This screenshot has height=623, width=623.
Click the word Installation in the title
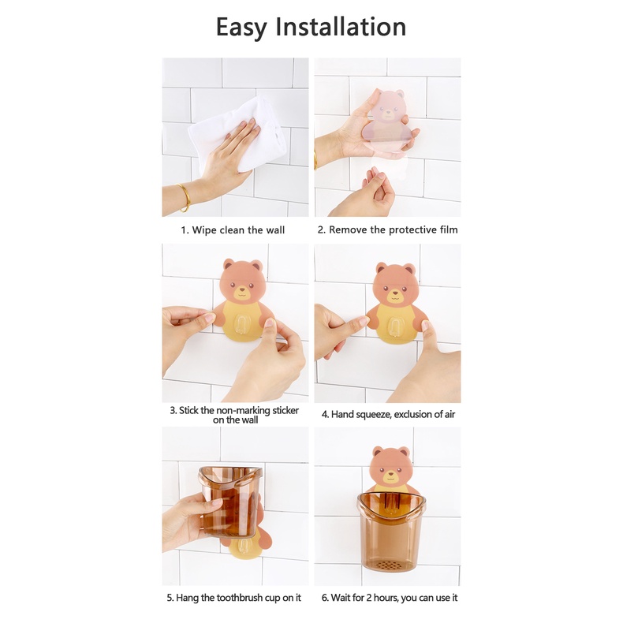(x=341, y=27)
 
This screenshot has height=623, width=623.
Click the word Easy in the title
(x=241, y=28)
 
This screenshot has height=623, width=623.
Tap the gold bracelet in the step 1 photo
(x=185, y=197)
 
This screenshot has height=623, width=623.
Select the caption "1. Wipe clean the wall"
(x=233, y=230)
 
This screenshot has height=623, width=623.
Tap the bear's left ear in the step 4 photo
(x=382, y=268)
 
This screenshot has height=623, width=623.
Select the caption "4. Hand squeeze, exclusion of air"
(x=388, y=414)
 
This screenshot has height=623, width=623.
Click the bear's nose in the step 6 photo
(x=391, y=473)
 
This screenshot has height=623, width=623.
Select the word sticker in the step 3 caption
(x=285, y=410)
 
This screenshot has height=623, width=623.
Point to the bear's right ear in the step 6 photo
(x=404, y=452)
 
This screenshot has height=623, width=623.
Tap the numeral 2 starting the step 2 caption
(x=321, y=230)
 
